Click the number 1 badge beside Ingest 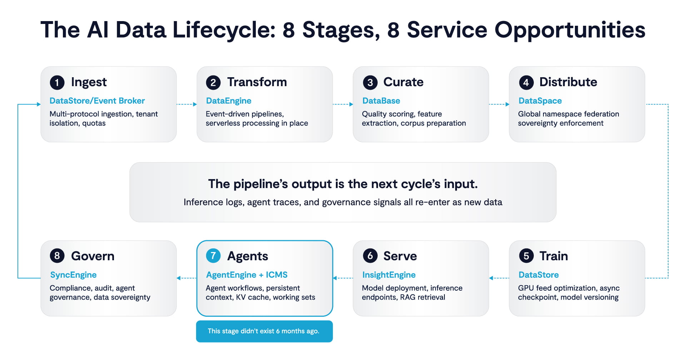57,83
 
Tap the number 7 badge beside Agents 213,256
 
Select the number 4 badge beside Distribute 526,83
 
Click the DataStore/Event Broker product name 97,101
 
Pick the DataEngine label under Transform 229,101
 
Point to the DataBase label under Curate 381,101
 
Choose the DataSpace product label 540,101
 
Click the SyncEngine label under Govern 73,275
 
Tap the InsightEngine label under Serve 389,275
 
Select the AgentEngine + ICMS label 247,275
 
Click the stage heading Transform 257,82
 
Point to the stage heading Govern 93,256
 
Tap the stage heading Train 553,256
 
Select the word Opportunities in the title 570,30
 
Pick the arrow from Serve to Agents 343,278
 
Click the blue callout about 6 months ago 264,331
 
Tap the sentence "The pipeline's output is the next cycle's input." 343,184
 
